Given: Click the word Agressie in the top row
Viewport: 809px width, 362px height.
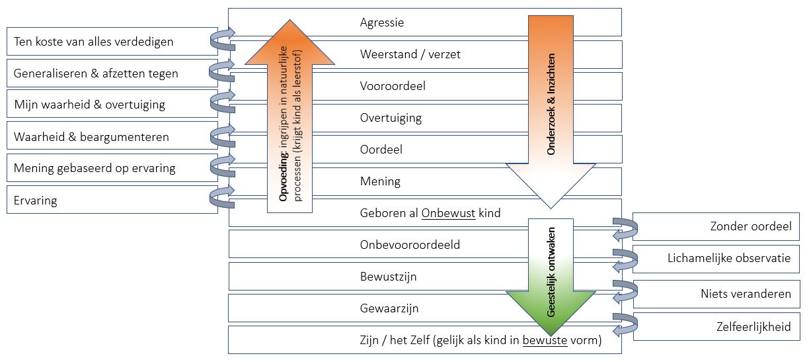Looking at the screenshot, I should pyautogui.click(x=382, y=23).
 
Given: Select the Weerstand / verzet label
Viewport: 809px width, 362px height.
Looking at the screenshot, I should pyautogui.click(x=410, y=54).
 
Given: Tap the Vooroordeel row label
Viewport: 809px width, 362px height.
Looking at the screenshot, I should pyautogui.click(x=393, y=86).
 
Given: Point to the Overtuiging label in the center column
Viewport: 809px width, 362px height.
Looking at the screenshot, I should pyautogui.click(x=391, y=118).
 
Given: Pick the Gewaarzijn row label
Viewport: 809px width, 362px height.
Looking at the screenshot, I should pyautogui.click(x=389, y=308).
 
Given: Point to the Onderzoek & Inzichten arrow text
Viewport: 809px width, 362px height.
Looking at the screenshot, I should pyautogui.click(x=551, y=105).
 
